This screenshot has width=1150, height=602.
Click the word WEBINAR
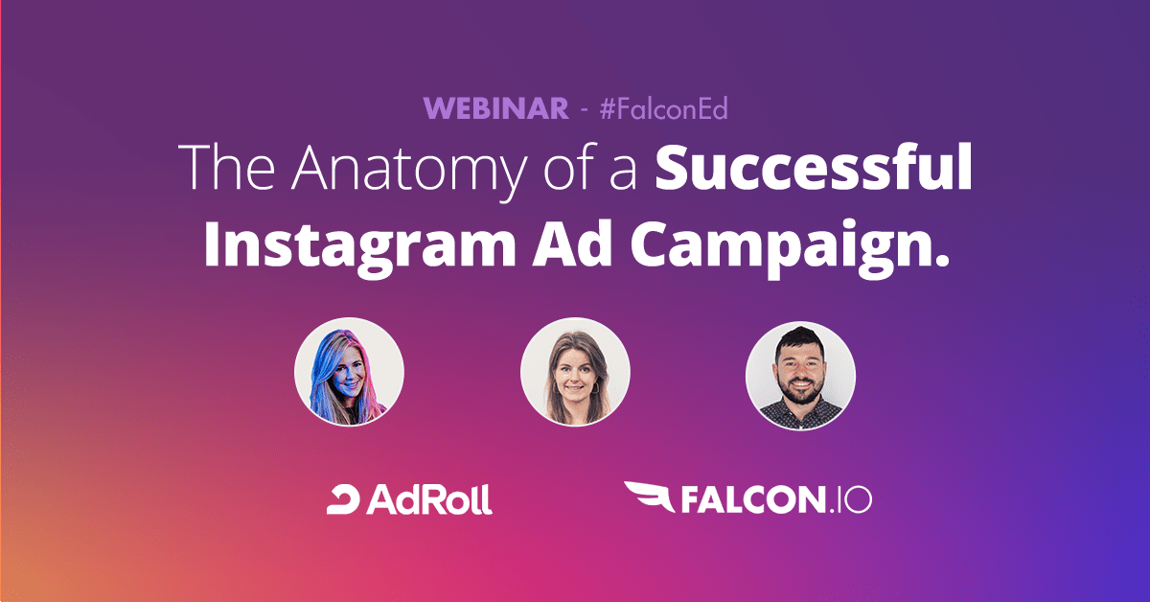click(x=496, y=108)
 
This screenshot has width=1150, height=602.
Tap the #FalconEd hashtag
click(x=664, y=108)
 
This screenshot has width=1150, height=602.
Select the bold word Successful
click(x=814, y=167)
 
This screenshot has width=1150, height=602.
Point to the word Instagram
click(x=360, y=244)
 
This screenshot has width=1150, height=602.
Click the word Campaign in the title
click(x=779, y=244)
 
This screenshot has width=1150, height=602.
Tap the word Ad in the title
click(x=572, y=243)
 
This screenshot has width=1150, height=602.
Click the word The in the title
click(x=226, y=167)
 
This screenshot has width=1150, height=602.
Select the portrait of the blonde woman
click(x=349, y=372)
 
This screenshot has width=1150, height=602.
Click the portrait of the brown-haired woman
click(x=575, y=372)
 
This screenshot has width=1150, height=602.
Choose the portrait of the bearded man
click(x=800, y=376)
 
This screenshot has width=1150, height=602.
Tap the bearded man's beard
click(x=801, y=390)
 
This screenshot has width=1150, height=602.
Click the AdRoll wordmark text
click(x=429, y=499)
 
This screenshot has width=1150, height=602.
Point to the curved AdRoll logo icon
click(x=343, y=499)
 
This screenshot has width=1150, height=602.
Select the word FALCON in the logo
click(x=753, y=499)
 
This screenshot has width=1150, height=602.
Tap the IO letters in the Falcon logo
click(x=853, y=499)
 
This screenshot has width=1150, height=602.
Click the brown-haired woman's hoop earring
click(x=595, y=386)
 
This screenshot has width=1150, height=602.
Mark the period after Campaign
click(x=940, y=260)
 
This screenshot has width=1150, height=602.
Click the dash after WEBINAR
click(x=584, y=110)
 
